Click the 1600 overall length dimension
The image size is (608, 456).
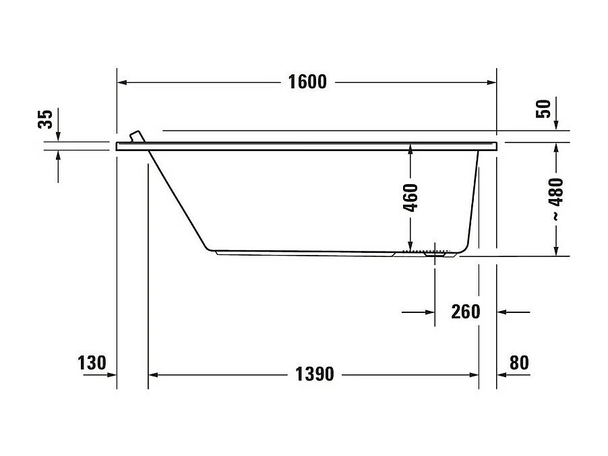(x=307, y=82)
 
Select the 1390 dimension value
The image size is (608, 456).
(x=314, y=374)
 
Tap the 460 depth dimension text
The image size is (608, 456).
(x=411, y=197)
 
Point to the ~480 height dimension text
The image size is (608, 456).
(x=556, y=200)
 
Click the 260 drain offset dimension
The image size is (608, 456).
(x=466, y=312)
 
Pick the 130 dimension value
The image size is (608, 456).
(x=92, y=363)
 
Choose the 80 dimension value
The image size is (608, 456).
(x=518, y=363)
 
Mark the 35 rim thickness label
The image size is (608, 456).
(x=44, y=119)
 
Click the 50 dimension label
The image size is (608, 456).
(x=543, y=108)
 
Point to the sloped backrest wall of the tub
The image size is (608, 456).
(x=179, y=197)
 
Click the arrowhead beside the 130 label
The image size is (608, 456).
(x=111, y=374)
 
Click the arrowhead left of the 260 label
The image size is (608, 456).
(x=429, y=312)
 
